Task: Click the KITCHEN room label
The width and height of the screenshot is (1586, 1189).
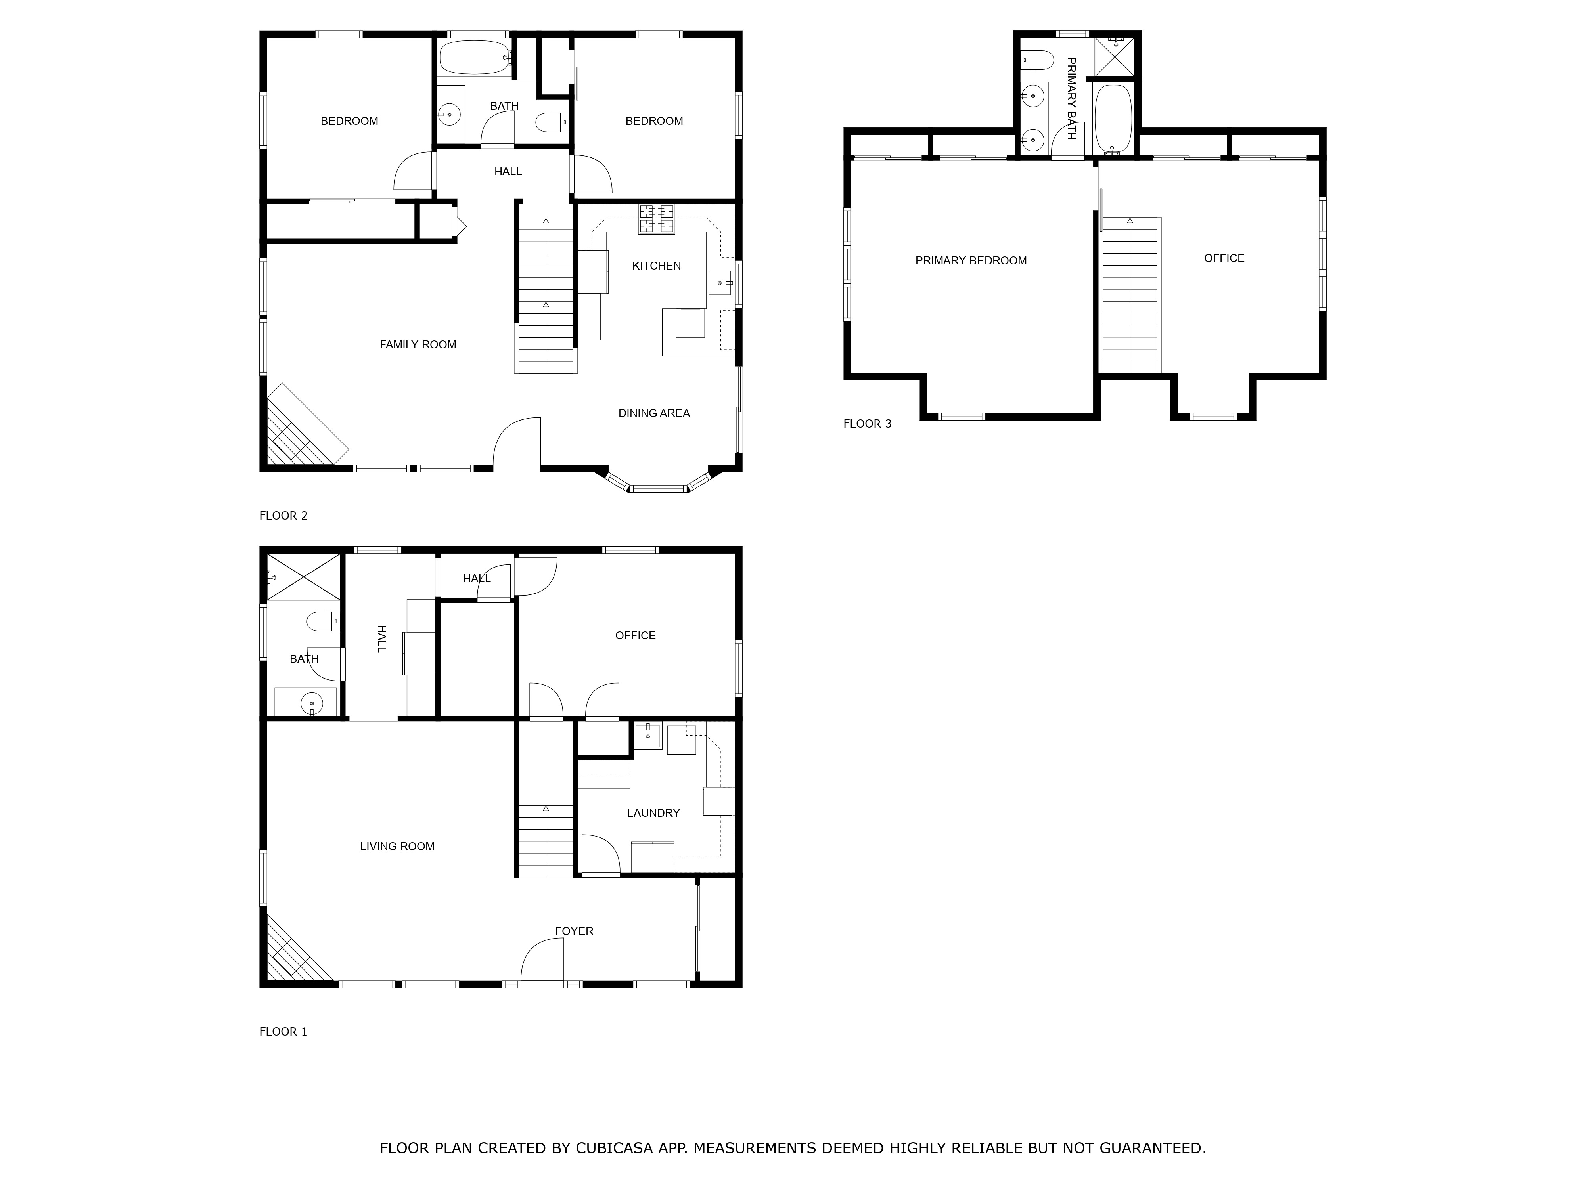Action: (656, 266)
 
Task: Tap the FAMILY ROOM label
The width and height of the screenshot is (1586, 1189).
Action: (418, 345)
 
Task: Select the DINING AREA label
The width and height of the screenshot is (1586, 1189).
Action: (654, 413)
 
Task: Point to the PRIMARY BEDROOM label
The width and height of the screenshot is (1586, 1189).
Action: (971, 261)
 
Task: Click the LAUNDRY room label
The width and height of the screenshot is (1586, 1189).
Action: (653, 813)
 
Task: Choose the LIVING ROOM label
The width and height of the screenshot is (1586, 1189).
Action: (397, 847)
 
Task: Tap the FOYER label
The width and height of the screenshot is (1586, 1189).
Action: (574, 931)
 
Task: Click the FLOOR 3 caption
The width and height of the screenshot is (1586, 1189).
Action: (868, 424)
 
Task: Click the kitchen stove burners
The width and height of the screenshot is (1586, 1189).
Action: (657, 219)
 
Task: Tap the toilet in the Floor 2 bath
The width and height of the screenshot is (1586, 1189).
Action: (552, 122)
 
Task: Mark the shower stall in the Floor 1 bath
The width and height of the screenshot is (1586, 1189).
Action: (304, 577)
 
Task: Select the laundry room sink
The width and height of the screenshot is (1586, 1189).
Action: (647, 736)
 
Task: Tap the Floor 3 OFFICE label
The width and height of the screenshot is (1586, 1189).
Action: (1224, 258)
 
